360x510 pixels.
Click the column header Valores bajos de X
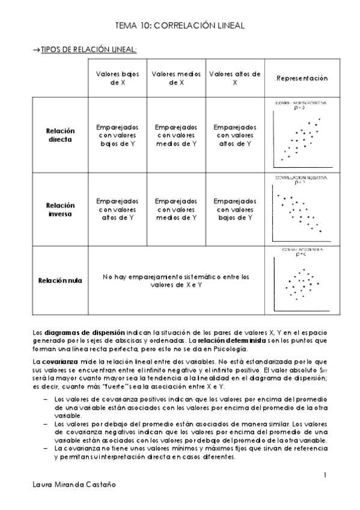coord(118,78)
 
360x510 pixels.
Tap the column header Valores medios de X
coord(177,78)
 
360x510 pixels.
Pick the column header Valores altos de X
coord(235,78)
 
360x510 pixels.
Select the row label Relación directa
coord(59,135)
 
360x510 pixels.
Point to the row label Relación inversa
coord(59,209)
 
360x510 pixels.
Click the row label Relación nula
coord(59,281)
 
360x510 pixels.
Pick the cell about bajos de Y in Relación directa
coord(118,135)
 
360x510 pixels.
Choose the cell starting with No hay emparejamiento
coord(176,281)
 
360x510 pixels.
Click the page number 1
coord(325,475)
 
